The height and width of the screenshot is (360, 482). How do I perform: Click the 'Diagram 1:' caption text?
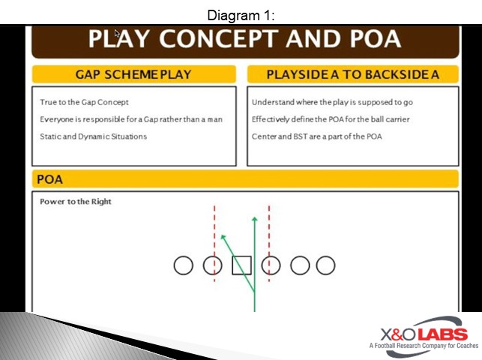pyautogui.click(x=241, y=15)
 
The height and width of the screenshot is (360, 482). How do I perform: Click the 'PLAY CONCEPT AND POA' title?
pyautogui.click(x=244, y=39)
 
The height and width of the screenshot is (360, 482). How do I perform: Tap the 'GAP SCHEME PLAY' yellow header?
pyautogui.click(x=133, y=74)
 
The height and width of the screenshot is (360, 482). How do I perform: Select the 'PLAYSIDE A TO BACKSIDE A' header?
pyautogui.click(x=352, y=74)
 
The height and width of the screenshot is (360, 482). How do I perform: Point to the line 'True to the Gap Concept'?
pyautogui.click(x=84, y=102)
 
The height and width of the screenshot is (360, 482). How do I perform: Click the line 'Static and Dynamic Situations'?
pyautogui.click(x=93, y=136)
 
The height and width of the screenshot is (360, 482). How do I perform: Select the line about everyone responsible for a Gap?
pyautogui.click(x=130, y=119)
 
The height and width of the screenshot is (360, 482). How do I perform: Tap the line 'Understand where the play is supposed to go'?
pyautogui.click(x=343, y=102)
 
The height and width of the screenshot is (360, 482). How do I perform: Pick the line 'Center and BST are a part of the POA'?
pyautogui.click(x=316, y=136)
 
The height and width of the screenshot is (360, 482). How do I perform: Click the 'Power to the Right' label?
pyautogui.click(x=76, y=202)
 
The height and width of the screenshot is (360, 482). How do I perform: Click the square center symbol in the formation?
pyautogui.click(x=241, y=265)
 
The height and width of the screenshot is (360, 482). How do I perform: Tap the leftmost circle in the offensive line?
pyautogui.click(x=184, y=265)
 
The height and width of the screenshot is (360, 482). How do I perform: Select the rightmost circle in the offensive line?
pyautogui.click(x=325, y=265)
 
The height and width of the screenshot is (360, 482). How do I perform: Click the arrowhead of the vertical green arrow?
pyautogui.click(x=254, y=220)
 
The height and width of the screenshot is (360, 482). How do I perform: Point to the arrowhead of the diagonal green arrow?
pyautogui.click(x=223, y=238)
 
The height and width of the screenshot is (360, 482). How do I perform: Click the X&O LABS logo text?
pyautogui.click(x=424, y=334)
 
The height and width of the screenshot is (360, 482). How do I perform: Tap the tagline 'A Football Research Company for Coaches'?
pyautogui.click(x=424, y=346)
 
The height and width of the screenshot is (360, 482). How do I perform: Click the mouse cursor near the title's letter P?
pyautogui.click(x=117, y=34)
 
